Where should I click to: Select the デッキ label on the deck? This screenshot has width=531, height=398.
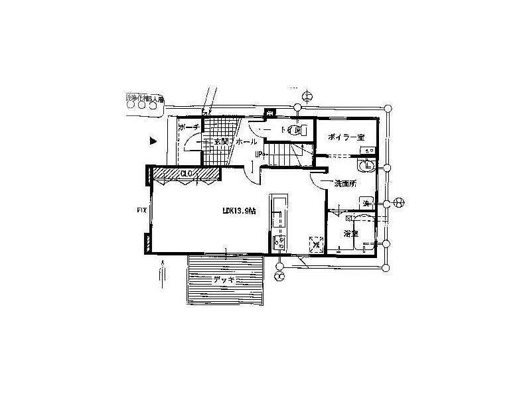[x=224, y=280]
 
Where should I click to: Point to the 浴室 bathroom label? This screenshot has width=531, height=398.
[x=351, y=234]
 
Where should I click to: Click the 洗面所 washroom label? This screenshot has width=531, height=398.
[x=345, y=183]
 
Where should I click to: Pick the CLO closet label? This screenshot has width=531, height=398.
[x=187, y=173]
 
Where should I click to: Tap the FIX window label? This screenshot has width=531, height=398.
[x=141, y=210]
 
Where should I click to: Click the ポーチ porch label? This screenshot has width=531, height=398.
[x=188, y=127]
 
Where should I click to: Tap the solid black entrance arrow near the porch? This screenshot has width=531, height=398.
[x=153, y=141]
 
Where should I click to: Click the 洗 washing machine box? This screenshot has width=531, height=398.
[x=366, y=202]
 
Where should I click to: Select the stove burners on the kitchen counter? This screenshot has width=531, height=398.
[x=277, y=239]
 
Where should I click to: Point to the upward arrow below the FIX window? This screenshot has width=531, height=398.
[x=162, y=273]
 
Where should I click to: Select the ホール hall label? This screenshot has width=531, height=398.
[x=246, y=142]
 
